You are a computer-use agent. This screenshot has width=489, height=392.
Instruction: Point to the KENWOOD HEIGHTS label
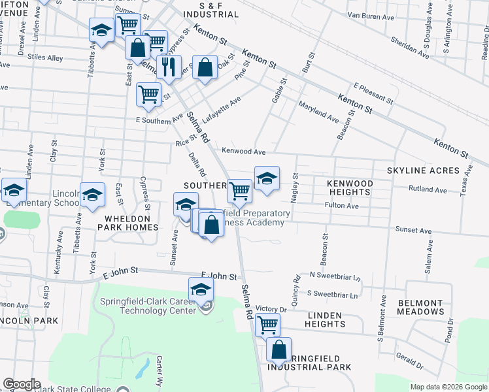click(350, 188)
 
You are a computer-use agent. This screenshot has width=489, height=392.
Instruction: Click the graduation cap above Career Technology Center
click(201, 289)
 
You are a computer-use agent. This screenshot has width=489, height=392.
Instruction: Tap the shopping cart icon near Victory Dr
click(267, 324)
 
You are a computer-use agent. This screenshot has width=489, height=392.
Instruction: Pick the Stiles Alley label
click(46, 58)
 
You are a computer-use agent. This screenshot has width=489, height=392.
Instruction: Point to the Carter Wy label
click(160, 369)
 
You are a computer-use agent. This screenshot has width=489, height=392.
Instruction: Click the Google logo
click(22, 384)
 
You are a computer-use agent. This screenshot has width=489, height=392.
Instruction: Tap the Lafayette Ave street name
click(222, 110)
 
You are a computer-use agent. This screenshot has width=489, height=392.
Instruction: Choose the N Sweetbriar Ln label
click(335, 277)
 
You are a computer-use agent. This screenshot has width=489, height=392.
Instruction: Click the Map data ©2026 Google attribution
click(448, 387)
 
